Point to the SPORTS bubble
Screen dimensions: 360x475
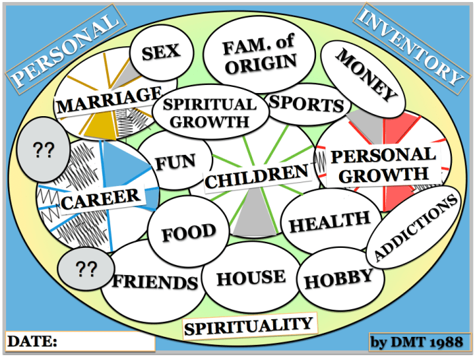(x=306, y=105)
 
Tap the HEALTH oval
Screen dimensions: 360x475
(x=330, y=221)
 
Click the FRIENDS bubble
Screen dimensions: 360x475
(x=155, y=282)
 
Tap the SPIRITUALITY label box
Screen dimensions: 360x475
(x=250, y=327)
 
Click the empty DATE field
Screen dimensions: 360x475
(x=105, y=340)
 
